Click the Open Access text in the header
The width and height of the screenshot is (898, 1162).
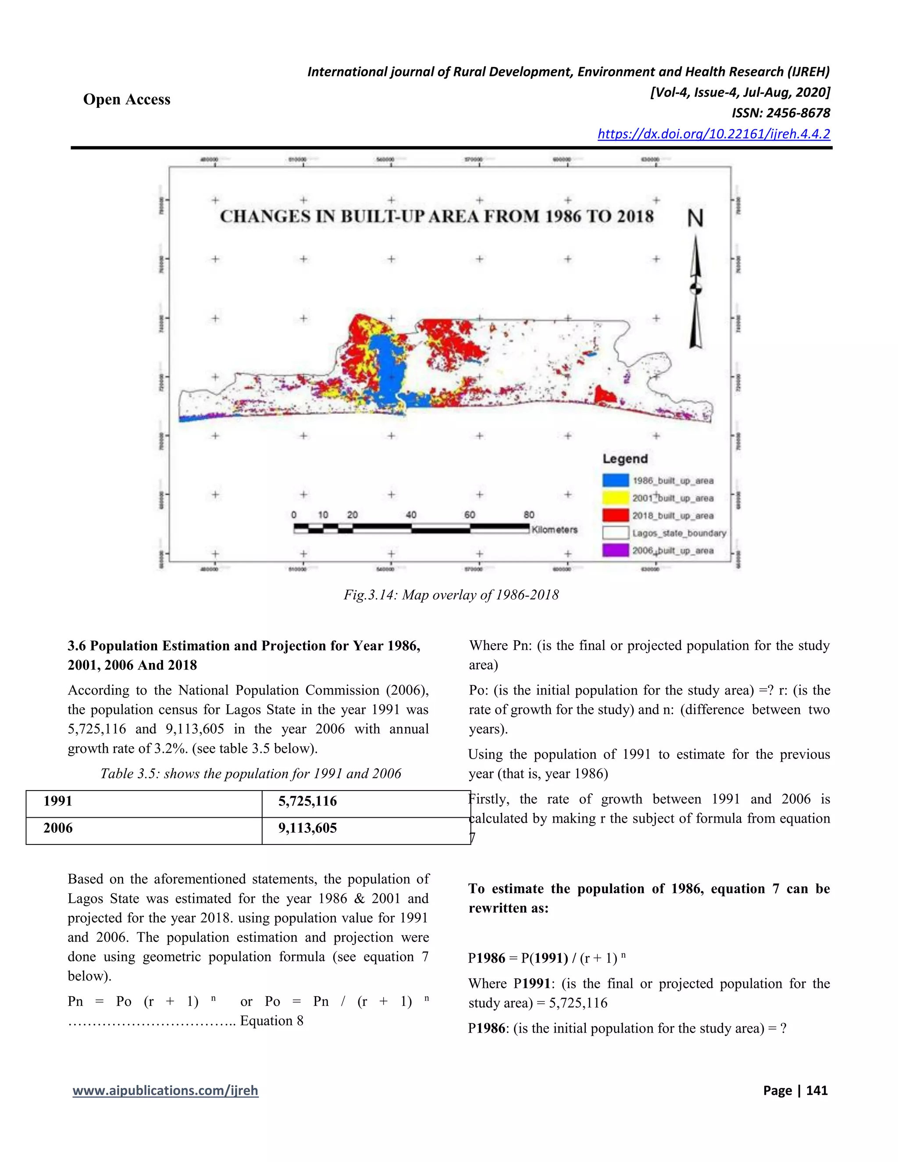click(127, 100)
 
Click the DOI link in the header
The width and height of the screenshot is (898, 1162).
click(713, 134)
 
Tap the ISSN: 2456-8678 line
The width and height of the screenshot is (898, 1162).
click(780, 113)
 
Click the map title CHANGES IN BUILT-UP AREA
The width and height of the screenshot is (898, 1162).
click(436, 217)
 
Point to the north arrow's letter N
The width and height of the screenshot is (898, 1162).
click(695, 218)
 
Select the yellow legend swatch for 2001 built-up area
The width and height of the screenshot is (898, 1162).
click(616, 498)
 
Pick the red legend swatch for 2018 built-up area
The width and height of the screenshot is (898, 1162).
click(616, 516)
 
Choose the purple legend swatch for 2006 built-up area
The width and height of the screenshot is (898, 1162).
click(616, 550)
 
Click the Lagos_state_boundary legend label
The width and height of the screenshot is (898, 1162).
click(679, 533)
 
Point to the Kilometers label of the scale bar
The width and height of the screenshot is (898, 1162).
click(554, 530)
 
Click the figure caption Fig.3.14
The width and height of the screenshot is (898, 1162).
click(451, 595)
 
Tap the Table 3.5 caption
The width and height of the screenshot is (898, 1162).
click(250, 773)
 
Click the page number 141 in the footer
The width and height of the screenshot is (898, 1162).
click(816, 1091)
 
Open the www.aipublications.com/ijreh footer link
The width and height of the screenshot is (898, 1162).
click(165, 1091)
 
